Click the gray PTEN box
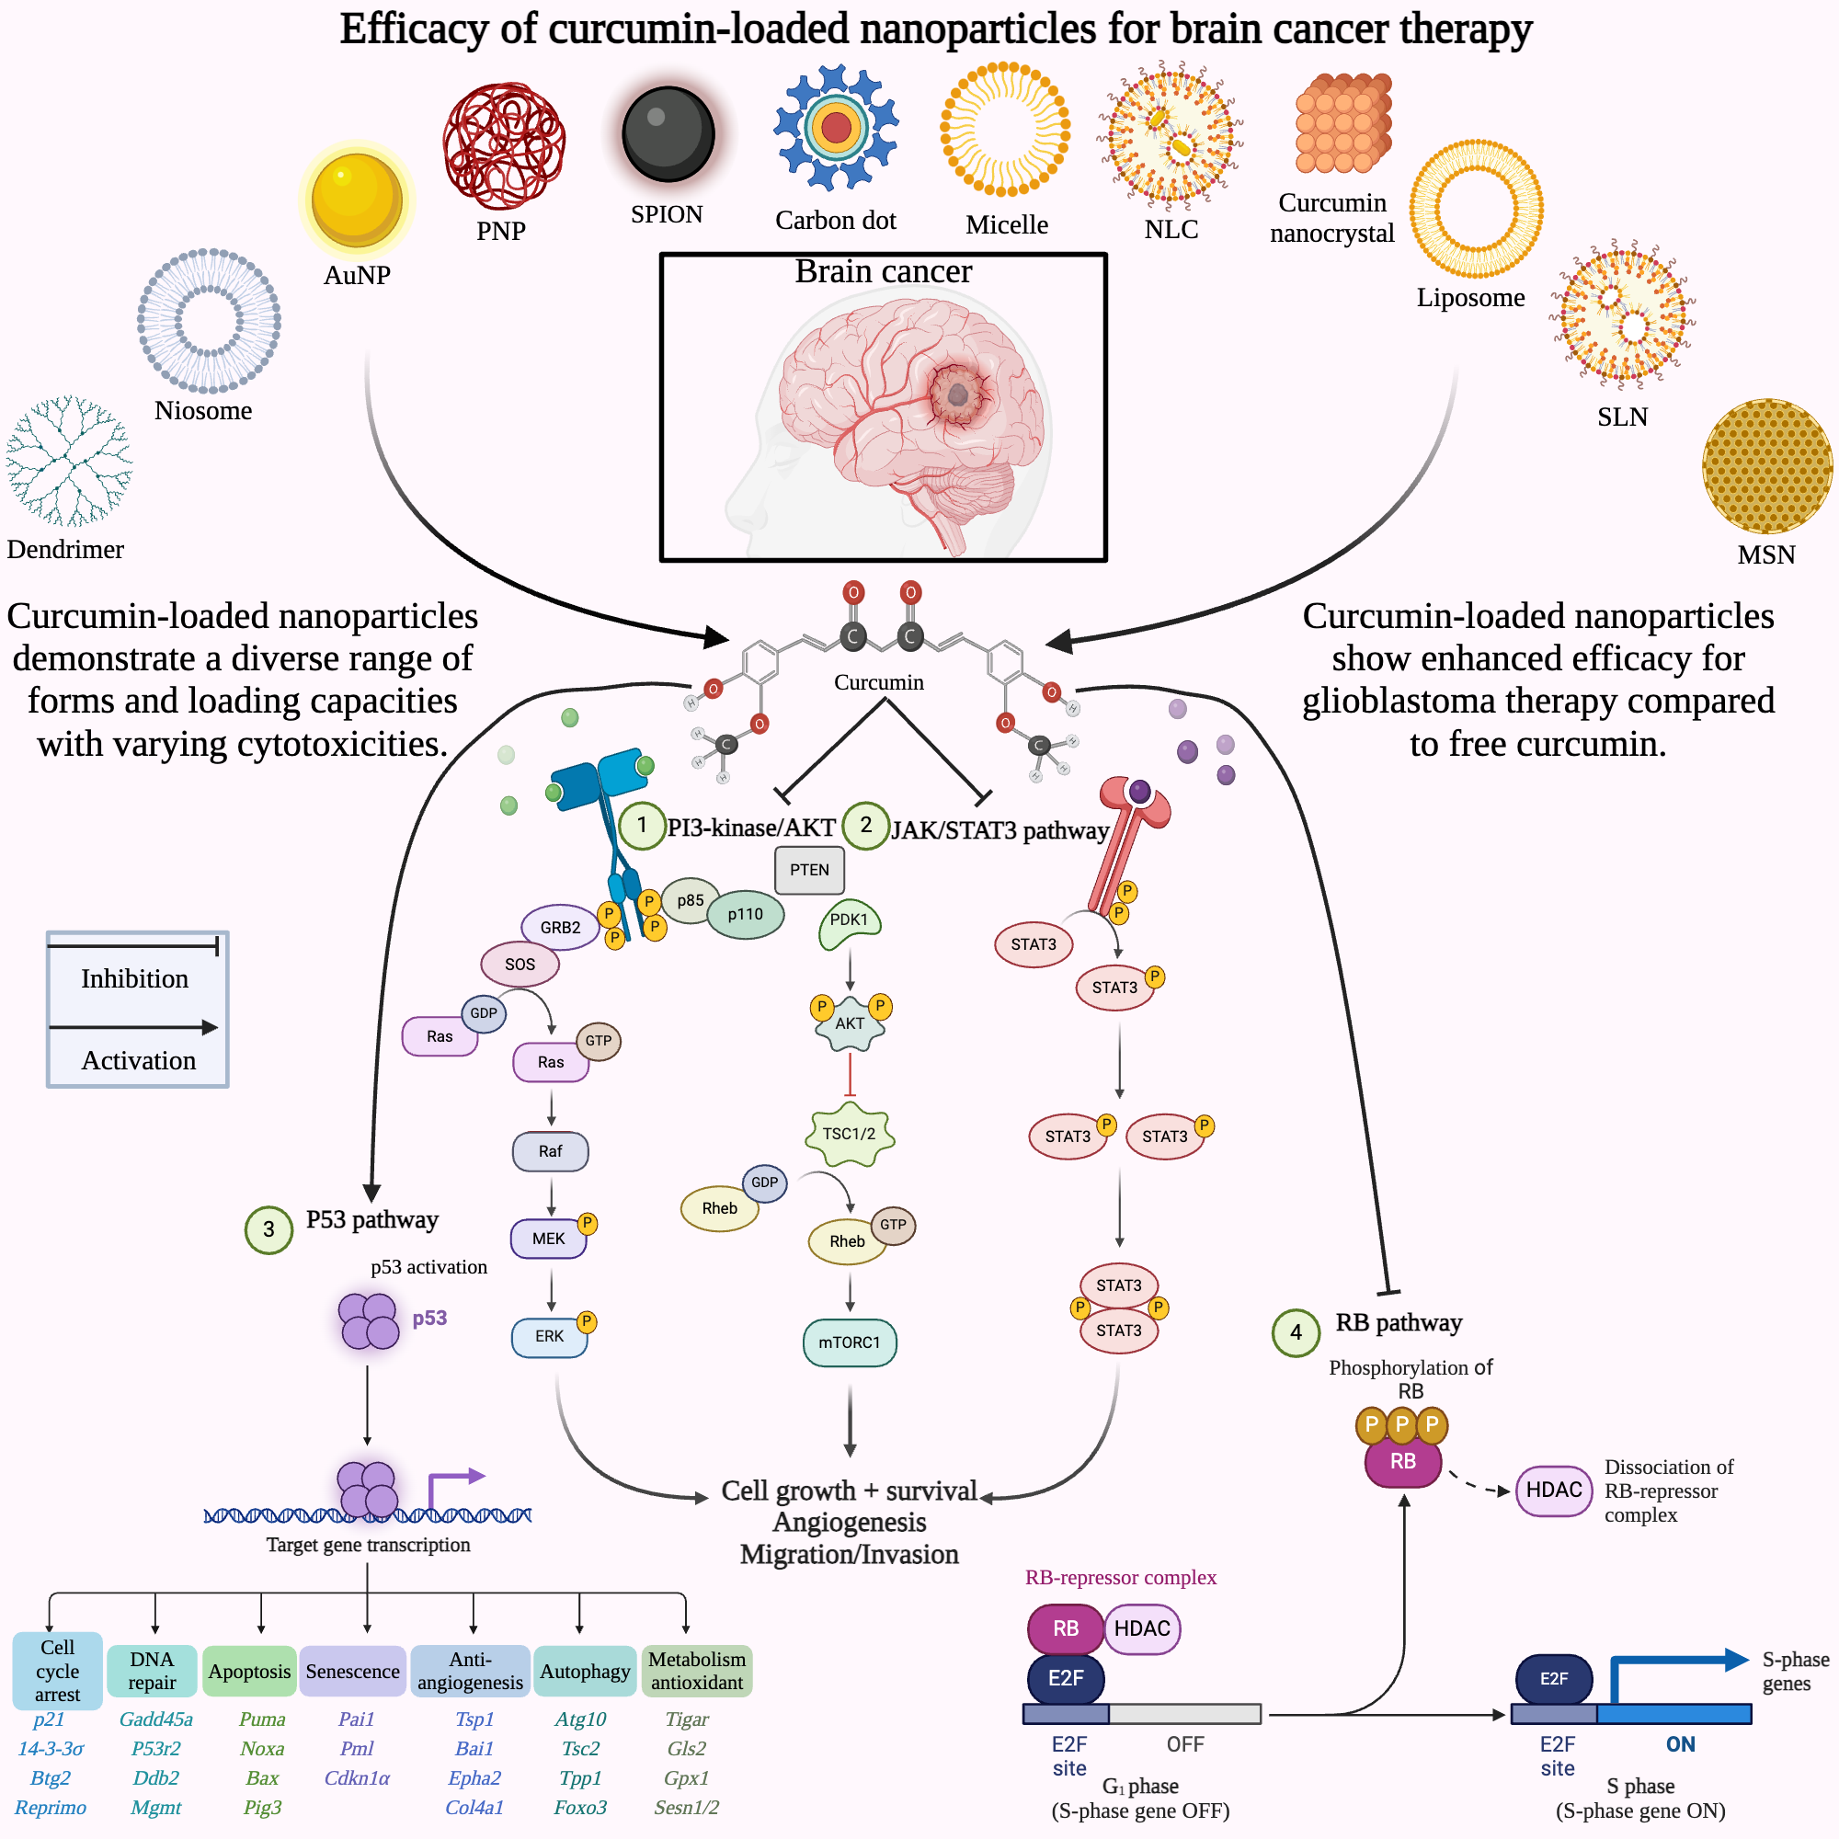click(x=809, y=870)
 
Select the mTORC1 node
click(x=849, y=1342)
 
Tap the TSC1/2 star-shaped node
click(x=849, y=1134)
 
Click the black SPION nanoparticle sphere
click(x=668, y=133)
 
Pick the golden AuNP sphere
click(x=357, y=199)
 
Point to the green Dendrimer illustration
click(x=69, y=462)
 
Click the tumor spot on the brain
click(x=957, y=394)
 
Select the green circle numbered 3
click(x=268, y=1228)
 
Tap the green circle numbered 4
click(x=1296, y=1331)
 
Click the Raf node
click(x=550, y=1151)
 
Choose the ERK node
click(x=549, y=1336)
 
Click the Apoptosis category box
click(x=249, y=1672)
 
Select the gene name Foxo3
click(x=579, y=1807)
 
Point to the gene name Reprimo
click(x=51, y=1807)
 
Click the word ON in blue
click(x=1680, y=1743)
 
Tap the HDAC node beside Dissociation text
click(x=1553, y=1491)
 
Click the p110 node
click(x=746, y=914)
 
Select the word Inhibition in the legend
click(x=134, y=978)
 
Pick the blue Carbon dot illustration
click(x=835, y=127)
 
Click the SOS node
click(x=520, y=965)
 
